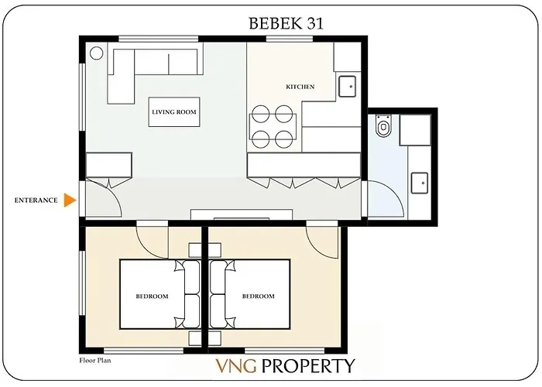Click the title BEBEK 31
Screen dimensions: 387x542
(x=286, y=23)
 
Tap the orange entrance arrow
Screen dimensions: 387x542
(x=70, y=200)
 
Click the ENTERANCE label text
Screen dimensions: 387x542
(x=36, y=200)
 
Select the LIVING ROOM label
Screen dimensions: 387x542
(x=173, y=112)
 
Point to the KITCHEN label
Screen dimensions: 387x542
(x=300, y=87)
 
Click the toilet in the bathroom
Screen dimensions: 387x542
(x=382, y=126)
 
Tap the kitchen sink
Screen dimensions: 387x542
(x=348, y=84)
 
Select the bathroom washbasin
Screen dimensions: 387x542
(x=419, y=183)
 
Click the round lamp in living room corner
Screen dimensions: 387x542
(x=97, y=53)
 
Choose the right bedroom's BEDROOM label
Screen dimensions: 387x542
(x=258, y=296)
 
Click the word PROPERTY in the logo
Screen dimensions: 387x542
(x=307, y=366)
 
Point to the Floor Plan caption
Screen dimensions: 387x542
(x=98, y=361)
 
